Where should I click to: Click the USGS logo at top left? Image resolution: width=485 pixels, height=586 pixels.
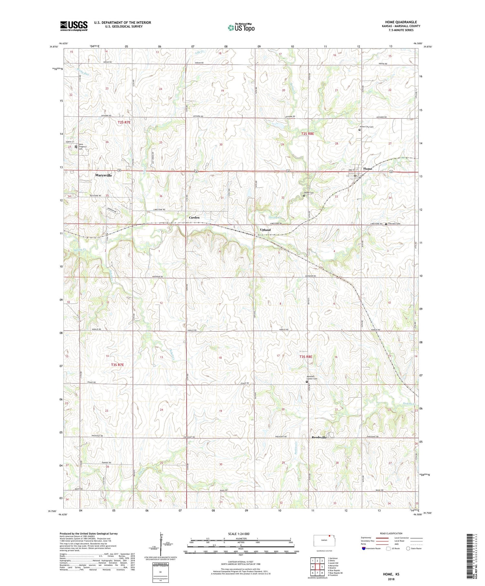74,26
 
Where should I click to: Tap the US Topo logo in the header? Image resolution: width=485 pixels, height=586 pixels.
241,28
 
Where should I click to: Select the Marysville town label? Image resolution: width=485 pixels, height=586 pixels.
103,175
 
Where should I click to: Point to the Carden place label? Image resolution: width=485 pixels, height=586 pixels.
194,218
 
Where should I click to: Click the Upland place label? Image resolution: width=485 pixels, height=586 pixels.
265,230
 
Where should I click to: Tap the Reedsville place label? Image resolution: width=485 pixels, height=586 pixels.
319,437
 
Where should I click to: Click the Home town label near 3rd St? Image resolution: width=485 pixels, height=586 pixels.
368,169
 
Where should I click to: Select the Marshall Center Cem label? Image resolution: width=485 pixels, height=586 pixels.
312,378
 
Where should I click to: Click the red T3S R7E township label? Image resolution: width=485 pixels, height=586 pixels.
117,365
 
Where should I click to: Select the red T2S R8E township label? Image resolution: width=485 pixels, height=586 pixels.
307,133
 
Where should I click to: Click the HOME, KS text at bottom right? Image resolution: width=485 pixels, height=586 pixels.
391,574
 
